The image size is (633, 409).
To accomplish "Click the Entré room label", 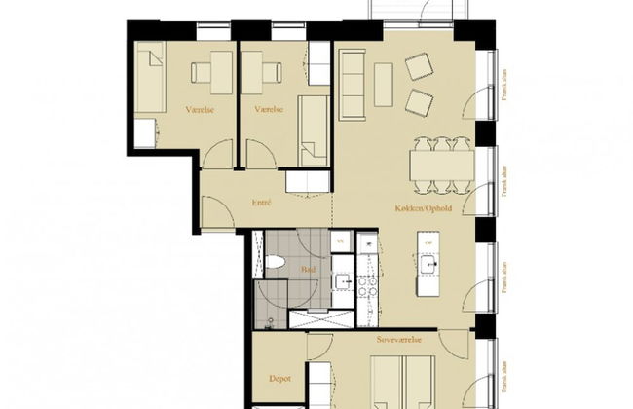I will pyautogui.click(x=260, y=203).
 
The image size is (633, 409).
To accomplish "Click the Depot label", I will pyautogui.click(x=279, y=380).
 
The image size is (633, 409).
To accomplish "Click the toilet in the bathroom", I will pyautogui.click(x=277, y=261).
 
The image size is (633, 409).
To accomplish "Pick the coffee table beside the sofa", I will pyautogui.click(x=385, y=83).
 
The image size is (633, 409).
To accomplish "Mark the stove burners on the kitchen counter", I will pyautogui.click(x=367, y=286).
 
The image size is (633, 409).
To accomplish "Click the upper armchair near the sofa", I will pyautogui.click(x=420, y=65).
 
